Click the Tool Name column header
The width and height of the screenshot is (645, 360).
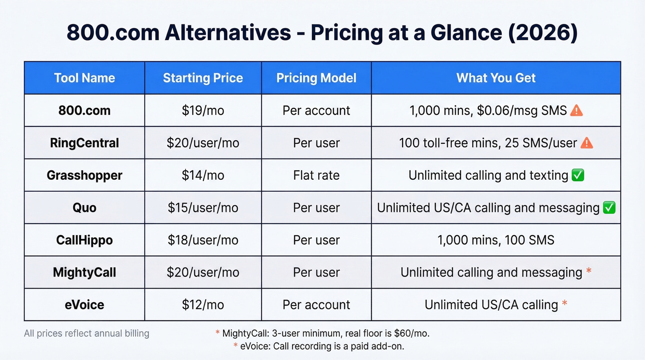[x=84, y=78]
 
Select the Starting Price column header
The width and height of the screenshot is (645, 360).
[x=203, y=78]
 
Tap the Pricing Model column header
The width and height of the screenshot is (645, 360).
[x=316, y=78]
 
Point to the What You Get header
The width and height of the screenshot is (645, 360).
[x=496, y=78]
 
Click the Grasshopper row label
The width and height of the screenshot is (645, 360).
[x=84, y=175]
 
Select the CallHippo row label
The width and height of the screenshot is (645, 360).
[x=84, y=240]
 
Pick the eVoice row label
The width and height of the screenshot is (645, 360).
[x=84, y=305]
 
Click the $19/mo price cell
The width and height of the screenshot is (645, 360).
[x=203, y=111]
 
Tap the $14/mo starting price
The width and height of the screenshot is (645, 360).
[x=203, y=175]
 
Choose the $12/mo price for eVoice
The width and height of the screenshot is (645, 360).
[x=203, y=305]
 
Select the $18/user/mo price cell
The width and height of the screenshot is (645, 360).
[x=203, y=240]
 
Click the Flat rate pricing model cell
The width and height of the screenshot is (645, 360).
[x=316, y=175]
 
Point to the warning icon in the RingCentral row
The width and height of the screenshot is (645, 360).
[x=586, y=143]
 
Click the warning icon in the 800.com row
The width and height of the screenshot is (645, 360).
[x=576, y=110]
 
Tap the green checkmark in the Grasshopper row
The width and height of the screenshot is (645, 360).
[x=577, y=175]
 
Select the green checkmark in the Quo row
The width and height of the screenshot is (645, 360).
[x=609, y=208]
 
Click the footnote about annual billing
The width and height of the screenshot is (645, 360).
[x=87, y=333]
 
